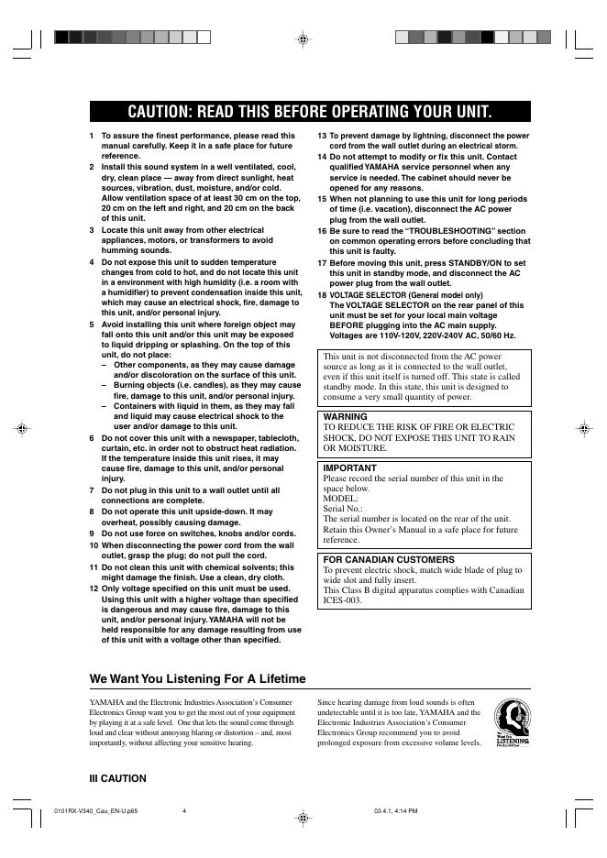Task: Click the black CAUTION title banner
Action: click(x=310, y=112)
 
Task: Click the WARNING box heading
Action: click(x=345, y=416)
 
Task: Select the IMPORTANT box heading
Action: click(x=350, y=467)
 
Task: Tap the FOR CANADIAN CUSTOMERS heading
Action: click(x=389, y=558)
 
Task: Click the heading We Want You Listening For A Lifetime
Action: click(x=197, y=678)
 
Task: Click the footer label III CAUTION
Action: click(x=117, y=778)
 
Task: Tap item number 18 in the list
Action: click(x=323, y=294)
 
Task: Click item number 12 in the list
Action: click(x=94, y=588)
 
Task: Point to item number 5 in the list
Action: click(x=92, y=324)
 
